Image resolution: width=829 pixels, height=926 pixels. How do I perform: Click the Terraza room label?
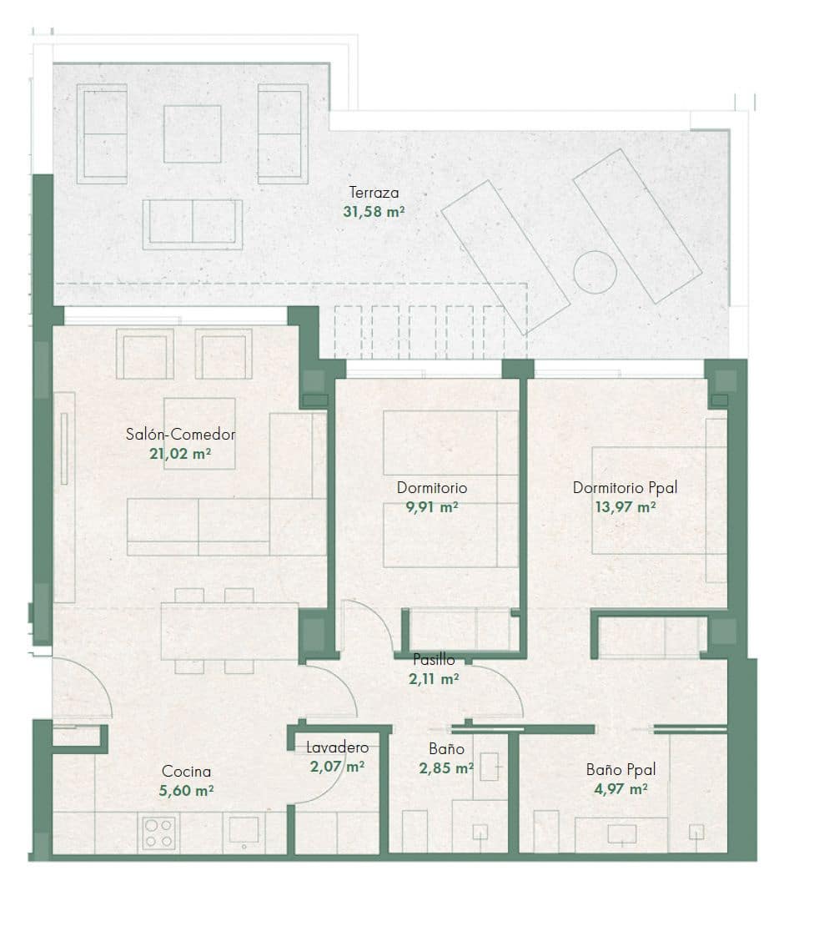(x=374, y=193)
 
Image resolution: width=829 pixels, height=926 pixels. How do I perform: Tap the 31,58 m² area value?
(x=374, y=211)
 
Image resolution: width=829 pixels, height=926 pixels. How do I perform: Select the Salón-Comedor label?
(x=181, y=435)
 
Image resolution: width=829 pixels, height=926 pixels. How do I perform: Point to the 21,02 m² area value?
(x=180, y=454)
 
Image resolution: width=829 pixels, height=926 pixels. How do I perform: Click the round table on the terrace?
(x=595, y=272)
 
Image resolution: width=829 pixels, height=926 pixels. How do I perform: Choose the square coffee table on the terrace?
(x=193, y=134)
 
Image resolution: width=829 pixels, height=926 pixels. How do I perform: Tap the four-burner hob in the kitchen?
(x=158, y=833)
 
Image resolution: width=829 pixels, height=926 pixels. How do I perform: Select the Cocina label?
(x=186, y=772)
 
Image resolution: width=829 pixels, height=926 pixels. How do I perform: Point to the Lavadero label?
(x=337, y=747)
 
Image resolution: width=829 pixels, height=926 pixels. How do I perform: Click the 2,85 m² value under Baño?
(x=446, y=768)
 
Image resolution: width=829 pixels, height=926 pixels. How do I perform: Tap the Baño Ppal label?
(x=621, y=769)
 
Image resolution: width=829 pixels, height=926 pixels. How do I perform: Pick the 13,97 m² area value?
(x=626, y=506)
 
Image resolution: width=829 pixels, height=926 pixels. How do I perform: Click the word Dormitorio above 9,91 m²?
(x=432, y=488)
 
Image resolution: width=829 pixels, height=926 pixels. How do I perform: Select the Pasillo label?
(x=434, y=660)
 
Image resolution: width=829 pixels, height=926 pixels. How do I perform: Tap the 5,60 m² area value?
(x=186, y=790)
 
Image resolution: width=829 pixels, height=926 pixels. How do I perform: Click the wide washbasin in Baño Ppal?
(x=622, y=834)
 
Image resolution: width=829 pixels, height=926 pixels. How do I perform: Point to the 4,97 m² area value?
(x=620, y=789)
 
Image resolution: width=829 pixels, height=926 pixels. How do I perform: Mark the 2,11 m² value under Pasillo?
(x=434, y=679)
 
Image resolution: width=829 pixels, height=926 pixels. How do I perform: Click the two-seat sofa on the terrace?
(x=193, y=224)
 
